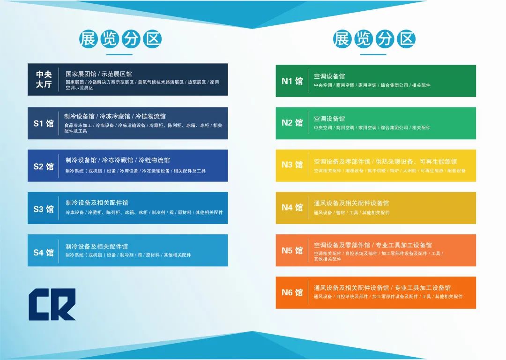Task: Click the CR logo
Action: pos(52,304)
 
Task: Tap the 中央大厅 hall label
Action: pos(44,79)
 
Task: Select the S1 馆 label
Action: pos(44,123)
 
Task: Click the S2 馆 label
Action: pos(44,166)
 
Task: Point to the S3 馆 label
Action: pos(44,209)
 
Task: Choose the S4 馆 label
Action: pos(44,252)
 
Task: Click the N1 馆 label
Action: pos(292,81)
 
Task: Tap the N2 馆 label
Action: pos(292,123)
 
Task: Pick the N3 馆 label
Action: pos(292,165)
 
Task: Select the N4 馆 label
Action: pos(292,207)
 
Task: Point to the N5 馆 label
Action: pos(292,250)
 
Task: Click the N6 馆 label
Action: pos(292,292)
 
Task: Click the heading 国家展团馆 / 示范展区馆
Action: pos(99,74)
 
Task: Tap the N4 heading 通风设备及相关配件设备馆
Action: pos(351,203)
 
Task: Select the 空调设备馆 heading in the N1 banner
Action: pos(329,76)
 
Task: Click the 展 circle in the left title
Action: pos(89,39)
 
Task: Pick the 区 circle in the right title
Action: pos(406,39)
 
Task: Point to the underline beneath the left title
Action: pos(119,54)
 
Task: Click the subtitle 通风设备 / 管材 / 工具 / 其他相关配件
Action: pos(352,213)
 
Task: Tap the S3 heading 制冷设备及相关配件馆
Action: pos(97,203)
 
